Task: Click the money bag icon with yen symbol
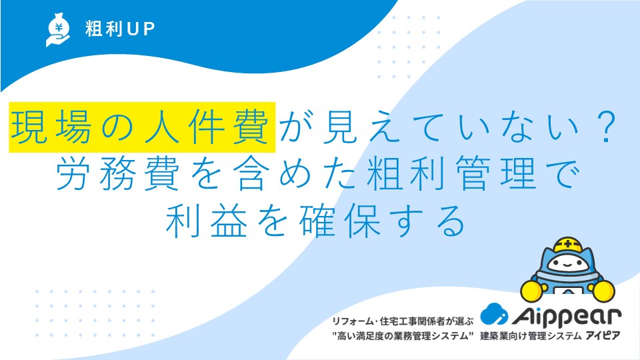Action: coord(58,29)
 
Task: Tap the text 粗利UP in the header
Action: coord(120,29)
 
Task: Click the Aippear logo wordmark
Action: coord(567,316)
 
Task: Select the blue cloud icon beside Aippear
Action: coord(494,314)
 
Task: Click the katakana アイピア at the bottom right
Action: coord(603,336)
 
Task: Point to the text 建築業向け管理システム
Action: coord(531,336)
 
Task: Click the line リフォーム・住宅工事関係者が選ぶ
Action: coord(403,321)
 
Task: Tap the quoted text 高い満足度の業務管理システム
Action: coord(403,336)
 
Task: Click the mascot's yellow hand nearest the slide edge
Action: coord(603,291)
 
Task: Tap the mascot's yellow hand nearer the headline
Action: coord(532,290)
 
